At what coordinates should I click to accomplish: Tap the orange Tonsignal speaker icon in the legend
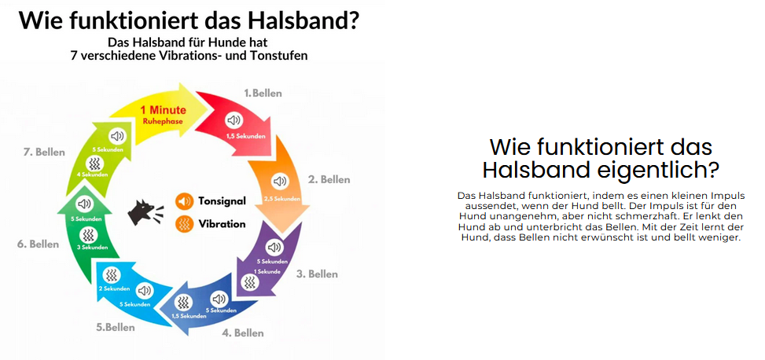(185, 201)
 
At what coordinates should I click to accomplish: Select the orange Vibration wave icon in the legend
(185, 224)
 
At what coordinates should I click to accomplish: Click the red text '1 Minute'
(163, 111)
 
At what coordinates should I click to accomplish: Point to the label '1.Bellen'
(263, 93)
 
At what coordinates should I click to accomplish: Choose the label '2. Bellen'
(329, 179)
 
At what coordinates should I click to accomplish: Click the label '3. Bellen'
(317, 274)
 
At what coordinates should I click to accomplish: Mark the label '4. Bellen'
(244, 333)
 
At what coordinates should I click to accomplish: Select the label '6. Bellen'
(38, 244)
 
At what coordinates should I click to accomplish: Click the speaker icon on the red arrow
(234, 120)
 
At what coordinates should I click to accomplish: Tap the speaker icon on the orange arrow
(278, 181)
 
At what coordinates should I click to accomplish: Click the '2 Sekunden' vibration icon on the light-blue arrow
(113, 274)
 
